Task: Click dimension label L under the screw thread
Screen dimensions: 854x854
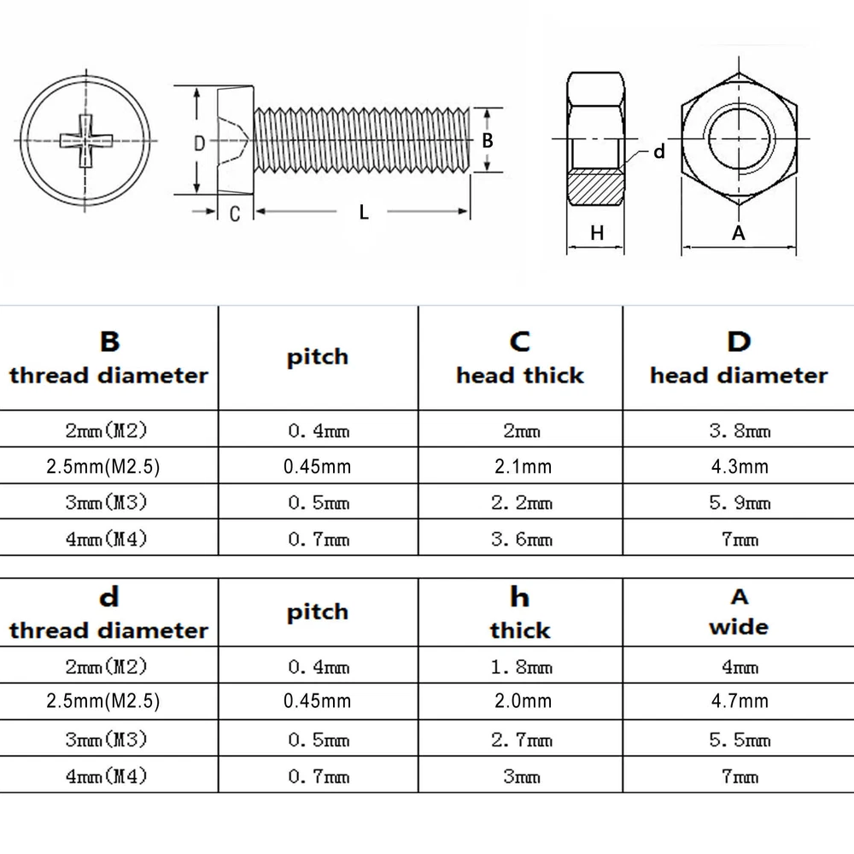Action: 364,213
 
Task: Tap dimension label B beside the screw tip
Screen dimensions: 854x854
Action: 488,141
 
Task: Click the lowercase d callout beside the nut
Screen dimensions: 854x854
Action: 658,152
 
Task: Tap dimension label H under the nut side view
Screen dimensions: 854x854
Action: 597,232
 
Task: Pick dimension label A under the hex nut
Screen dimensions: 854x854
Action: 740,232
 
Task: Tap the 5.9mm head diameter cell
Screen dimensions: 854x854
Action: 740,503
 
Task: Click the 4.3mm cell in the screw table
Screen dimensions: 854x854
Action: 740,467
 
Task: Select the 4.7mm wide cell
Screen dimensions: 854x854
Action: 740,701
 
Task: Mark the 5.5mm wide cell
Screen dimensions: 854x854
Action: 740,740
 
